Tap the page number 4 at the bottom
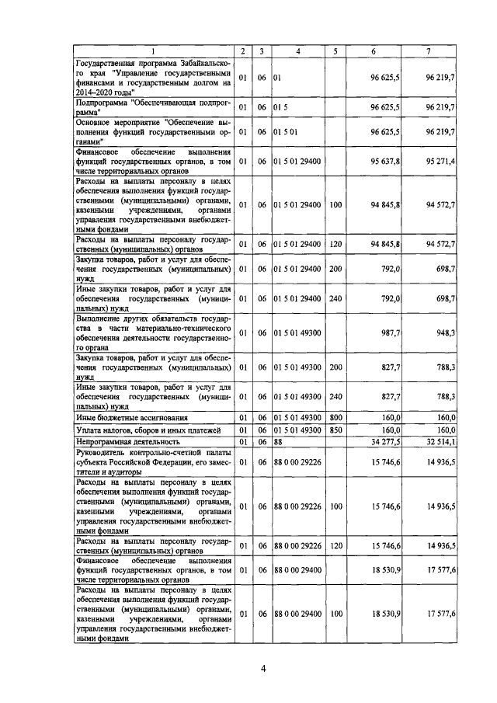pyautogui.click(x=263, y=670)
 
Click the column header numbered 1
pyautogui.click(x=154, y=51)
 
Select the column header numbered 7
pyautogui.click(x=429, y=51)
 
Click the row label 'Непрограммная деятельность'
pyautogui.click(x=124, y=441)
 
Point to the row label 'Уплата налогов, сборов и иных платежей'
pyautogui.click(x=148, y=430)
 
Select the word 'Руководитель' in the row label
pyautogui.click(x=102, y=453)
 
